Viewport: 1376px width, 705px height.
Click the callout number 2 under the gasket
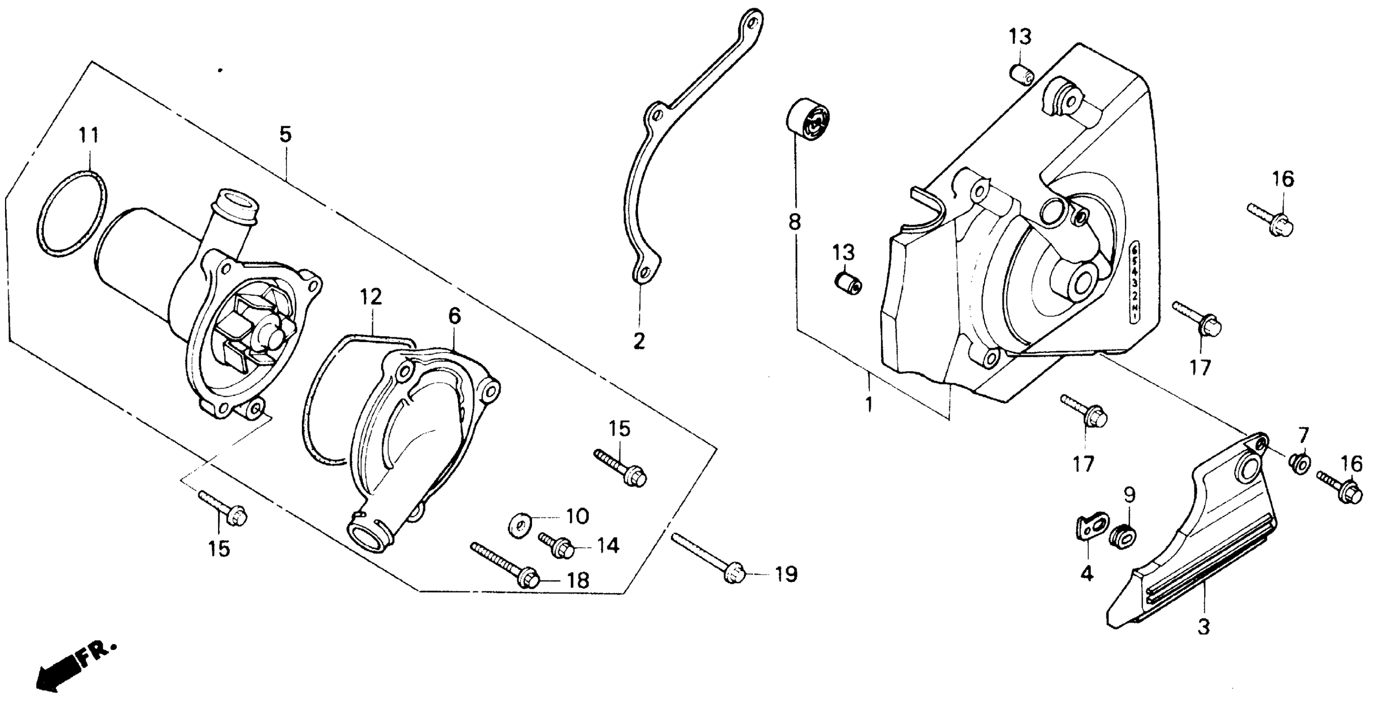pos(639,340)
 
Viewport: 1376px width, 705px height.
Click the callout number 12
pos(371,297)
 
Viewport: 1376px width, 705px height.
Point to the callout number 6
pos(454,316)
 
